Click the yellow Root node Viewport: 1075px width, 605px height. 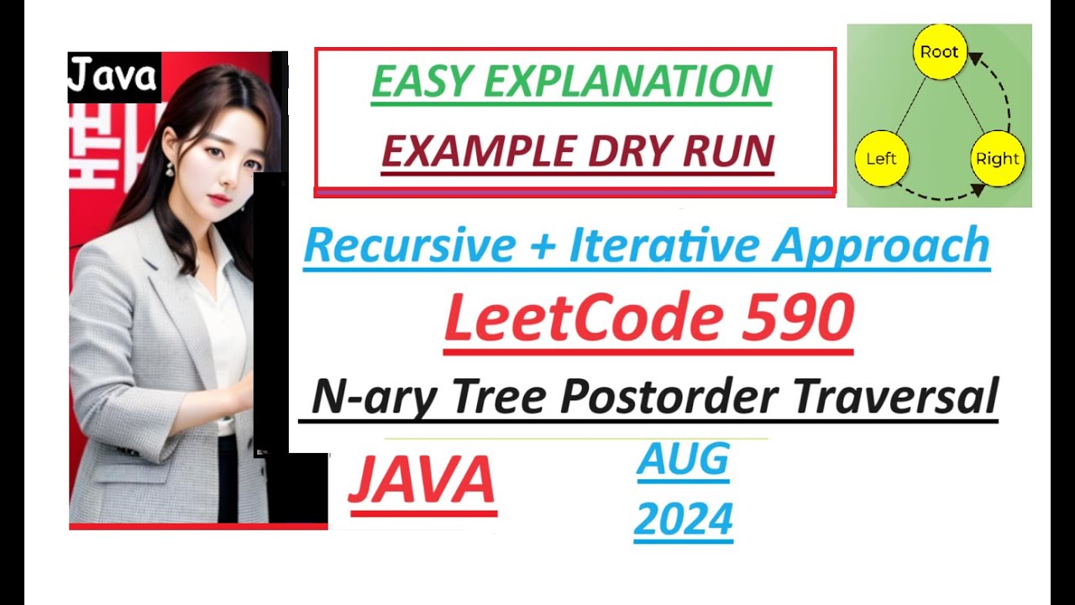pyautogui.click(x=939, y=52)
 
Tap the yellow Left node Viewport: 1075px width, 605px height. pyautogui.click(x=881, y=158)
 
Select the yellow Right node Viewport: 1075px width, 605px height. pyautogui.click(x=997, y=158)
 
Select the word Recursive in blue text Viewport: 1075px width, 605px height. pyautogui.click(x=409, y=245)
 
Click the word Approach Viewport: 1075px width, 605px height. pyautogui.click(x=882, y=245)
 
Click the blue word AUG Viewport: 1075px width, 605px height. pyautogui.click(x=683, y=460)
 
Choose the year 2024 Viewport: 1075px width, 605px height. pyautogui.click(x=683, y=518)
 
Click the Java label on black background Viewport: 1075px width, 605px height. pyautogui.click(x=113, y=76)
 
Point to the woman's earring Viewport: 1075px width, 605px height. pyautogui.click(x=170, y=171)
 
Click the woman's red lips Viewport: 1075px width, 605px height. pyautogui.click(x=218, y=200)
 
